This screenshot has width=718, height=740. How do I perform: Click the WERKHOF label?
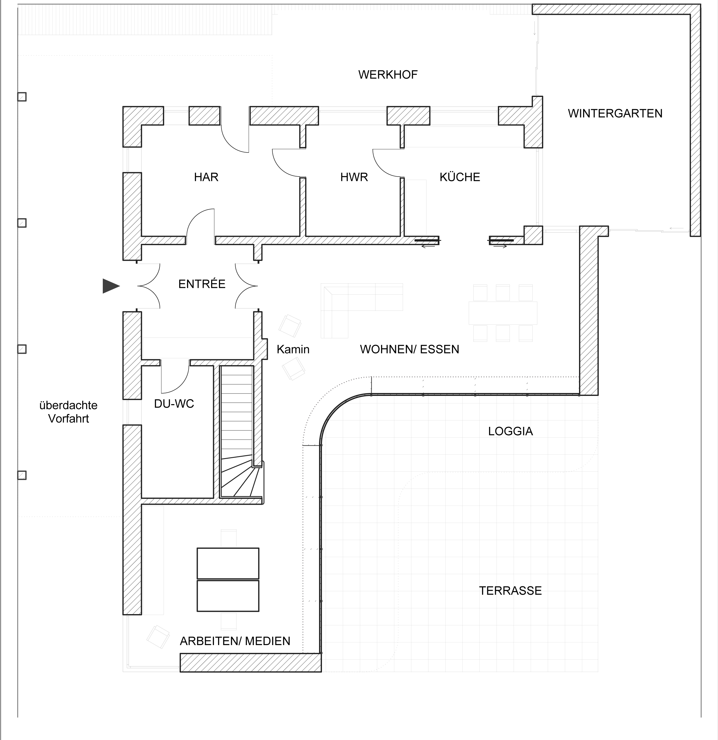(x=388, y=75)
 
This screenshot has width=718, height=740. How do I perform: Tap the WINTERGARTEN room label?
(x=615, y=114)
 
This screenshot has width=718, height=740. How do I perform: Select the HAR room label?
(x=206, y=177)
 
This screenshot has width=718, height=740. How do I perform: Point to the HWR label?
(x=354, y=177)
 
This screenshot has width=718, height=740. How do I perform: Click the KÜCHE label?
(x=460, y=177)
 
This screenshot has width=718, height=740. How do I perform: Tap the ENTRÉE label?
(x=202, y=284)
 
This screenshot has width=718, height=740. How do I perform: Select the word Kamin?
(x=293, y=349)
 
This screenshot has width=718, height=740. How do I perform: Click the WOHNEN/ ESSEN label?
(x=409, y=349)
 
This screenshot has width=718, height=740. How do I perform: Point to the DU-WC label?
(x=174, y=404)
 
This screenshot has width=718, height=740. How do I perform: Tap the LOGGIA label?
(x=510, y=431)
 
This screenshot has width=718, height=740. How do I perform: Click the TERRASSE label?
(x=510, y=590)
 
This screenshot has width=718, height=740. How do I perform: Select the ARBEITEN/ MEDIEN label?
(x=235, y=641)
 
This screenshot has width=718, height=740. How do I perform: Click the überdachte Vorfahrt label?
(x=68, y=412)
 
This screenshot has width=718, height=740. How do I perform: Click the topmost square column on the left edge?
(x=22, y=97)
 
